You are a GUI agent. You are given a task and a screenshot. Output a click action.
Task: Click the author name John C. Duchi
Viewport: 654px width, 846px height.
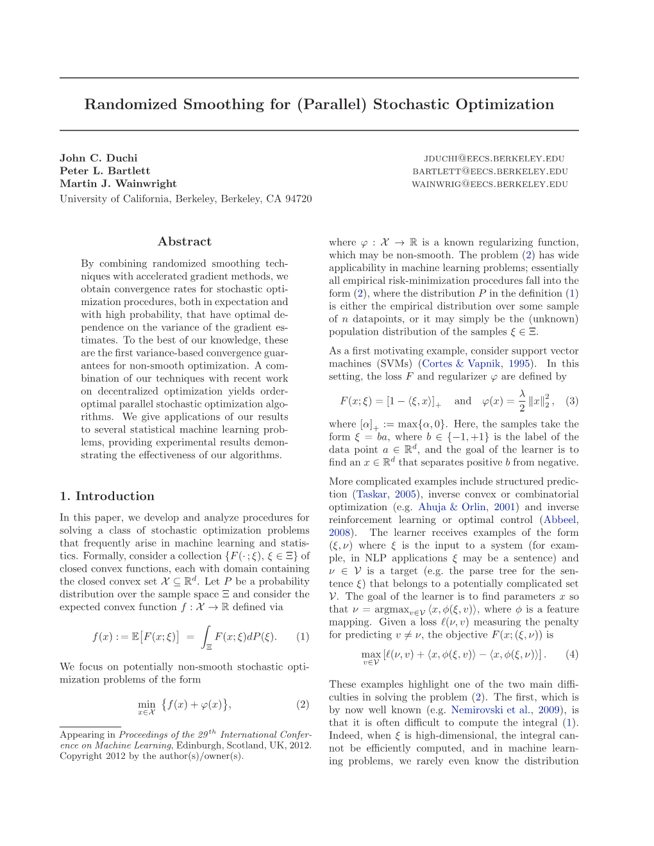[98, 158]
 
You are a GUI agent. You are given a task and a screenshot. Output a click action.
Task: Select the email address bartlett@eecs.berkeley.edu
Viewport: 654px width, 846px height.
[490, 172]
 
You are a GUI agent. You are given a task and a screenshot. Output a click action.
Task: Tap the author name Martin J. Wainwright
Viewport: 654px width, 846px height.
[118, 184]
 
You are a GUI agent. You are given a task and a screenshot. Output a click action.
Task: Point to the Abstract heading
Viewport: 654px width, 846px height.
[185, 242]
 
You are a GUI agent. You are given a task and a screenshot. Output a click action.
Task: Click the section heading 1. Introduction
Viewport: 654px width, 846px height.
[107, 496]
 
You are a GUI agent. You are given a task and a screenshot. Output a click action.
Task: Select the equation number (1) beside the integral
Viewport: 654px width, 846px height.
[303, 637]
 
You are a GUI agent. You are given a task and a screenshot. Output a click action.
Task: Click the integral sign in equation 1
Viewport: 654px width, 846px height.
[206, 636]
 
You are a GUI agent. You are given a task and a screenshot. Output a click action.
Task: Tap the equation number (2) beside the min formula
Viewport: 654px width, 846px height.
[303, 704]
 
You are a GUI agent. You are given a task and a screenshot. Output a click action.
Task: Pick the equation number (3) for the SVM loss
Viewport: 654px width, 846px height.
[572, 401]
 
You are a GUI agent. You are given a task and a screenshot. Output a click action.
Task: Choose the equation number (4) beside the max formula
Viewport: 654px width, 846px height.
[572, 654]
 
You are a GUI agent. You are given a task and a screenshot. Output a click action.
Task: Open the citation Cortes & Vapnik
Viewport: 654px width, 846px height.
[460, 364]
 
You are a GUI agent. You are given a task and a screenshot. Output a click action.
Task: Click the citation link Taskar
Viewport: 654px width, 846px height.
[372, 495]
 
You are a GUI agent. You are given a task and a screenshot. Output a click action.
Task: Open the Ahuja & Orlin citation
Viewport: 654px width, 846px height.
[452, 508]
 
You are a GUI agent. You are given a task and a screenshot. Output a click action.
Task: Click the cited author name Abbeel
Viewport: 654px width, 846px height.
[561, 520]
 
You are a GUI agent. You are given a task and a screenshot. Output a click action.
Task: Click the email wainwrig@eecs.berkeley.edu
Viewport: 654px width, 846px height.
[489, 185]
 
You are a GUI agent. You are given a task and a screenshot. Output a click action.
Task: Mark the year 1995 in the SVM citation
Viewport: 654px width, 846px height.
[519, 364]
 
